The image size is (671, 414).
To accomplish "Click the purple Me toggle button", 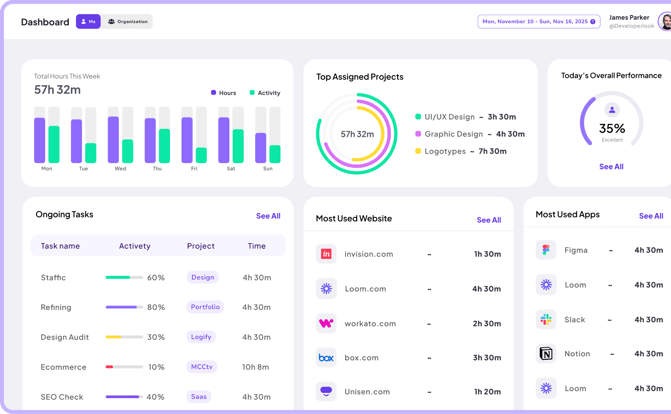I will [88, 22].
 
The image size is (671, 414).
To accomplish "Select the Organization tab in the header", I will [127, 22].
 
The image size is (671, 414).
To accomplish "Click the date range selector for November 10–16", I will [538, 22].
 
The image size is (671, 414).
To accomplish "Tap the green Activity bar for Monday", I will [54, 145].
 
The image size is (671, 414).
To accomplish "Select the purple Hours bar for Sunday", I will [261, 148].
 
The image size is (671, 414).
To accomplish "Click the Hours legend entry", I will [223, 93].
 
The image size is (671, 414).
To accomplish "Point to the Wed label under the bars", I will [121, 169].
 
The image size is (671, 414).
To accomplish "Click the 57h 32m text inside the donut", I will [357, 134].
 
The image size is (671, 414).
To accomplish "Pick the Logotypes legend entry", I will [445, 151].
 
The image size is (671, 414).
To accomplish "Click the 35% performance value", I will [612, 128].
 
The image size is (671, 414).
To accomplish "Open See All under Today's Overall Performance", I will [611, 167].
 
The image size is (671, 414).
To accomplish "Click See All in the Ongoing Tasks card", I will [268, 216].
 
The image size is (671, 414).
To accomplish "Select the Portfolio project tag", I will [205, 307].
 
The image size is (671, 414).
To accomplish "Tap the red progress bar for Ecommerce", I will [109, 367].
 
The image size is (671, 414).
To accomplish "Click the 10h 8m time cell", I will [256, 367].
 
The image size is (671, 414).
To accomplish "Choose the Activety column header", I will [135, 246].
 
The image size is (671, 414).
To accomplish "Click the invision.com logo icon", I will [326, 254].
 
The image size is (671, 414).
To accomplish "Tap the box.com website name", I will [362, 358].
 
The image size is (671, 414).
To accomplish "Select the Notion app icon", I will [546, 354].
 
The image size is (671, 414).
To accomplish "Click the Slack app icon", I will [546, 320].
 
